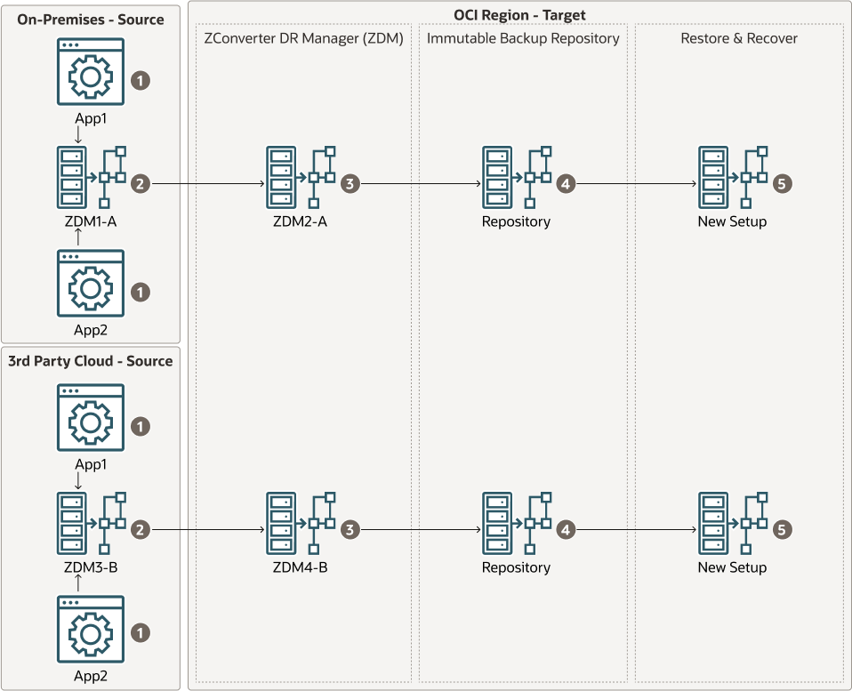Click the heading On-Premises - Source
click(91, 19)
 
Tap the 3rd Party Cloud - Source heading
click(91, 361)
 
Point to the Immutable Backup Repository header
click(523, 38)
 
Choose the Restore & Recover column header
click(739, 38)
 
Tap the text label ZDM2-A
click(300, 221)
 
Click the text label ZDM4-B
click(300, 567)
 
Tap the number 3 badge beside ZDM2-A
click(350, 184)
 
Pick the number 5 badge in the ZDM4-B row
click(782, 530)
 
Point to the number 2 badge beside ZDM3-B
click(140, 530)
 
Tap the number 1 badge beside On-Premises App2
click(140, 291)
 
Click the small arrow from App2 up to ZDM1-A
click(79, 237)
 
